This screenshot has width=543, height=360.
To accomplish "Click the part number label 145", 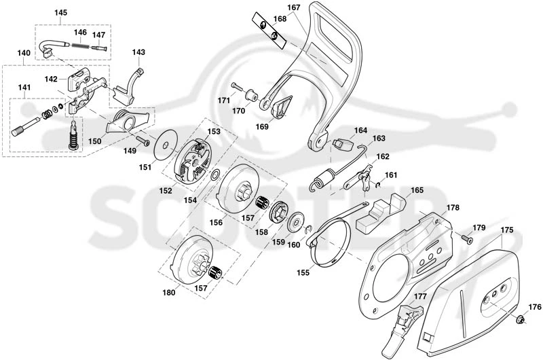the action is point(60,12).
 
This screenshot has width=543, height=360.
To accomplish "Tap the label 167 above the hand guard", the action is point(294,7).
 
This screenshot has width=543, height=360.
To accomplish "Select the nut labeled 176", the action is point(520,319).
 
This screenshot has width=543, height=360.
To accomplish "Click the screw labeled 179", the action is point(467,239).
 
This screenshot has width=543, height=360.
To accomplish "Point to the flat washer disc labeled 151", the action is point(166,145).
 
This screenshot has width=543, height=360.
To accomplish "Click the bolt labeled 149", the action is point(143,141).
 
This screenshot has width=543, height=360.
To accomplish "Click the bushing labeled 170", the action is point(251,95).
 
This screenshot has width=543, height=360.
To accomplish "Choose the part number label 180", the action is point(169,293).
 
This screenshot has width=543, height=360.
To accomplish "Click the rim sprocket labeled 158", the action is point(278,213).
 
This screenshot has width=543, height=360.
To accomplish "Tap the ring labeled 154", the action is point(215,175).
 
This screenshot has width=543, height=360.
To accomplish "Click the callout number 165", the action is point(417,190).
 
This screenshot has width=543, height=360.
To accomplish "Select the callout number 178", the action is point(453,208).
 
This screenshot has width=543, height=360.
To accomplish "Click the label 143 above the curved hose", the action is point(138,52).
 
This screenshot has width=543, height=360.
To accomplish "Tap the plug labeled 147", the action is point(98,48).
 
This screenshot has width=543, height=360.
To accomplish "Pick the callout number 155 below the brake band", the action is point(303,272).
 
